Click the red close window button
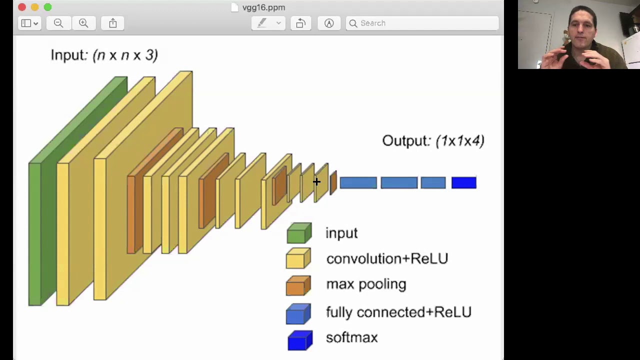tap(22, 7)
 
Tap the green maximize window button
tap(47, 7)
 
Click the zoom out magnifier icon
tap(58, 23)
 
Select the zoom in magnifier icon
tap(83, 23)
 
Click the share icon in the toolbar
tap(112, 23)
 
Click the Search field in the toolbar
tap(422, 23)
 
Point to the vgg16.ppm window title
tap(263, 7)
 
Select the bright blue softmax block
tap(463, 183)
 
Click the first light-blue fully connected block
tap(358, 183)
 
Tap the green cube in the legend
tap(298, 233)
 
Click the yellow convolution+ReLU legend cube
tap(298, 259)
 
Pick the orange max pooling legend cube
tap(298, 285)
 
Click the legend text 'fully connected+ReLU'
tap(398, 312)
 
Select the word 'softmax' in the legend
tap(351, 337)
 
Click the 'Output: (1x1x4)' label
tap(433, 141)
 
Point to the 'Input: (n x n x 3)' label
tap(104, 55)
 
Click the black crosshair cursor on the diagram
tap(316, 182)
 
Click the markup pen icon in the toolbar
tap(262, 23)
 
